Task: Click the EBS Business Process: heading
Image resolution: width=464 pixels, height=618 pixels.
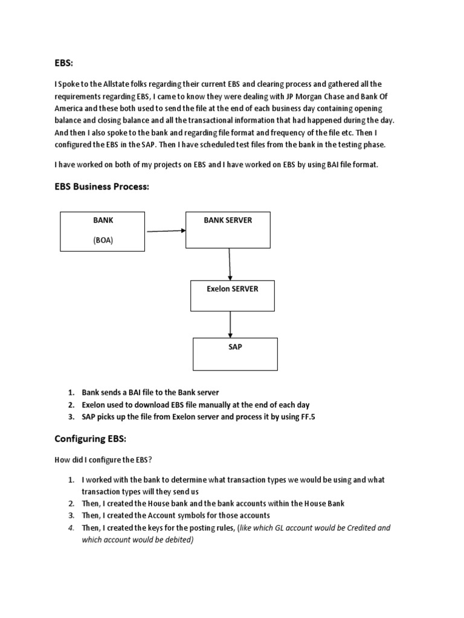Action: (101, 187)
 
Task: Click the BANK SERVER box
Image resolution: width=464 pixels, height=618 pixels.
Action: (228, 230)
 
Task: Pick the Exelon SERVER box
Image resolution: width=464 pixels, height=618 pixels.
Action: (233, 298)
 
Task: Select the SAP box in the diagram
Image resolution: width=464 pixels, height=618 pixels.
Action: (235, 354)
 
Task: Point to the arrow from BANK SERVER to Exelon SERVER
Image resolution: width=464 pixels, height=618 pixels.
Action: (230, 264)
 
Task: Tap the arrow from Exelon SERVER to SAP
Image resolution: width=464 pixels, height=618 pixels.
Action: (230, 327)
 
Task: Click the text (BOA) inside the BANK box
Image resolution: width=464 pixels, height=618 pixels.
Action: (103, 240)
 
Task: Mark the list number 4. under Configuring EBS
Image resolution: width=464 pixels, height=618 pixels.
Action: (71, 527)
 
